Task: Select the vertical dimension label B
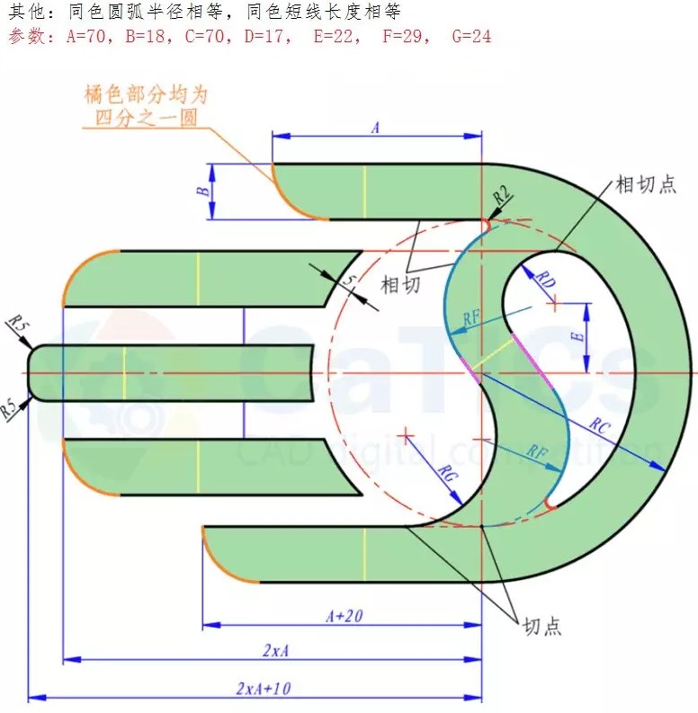point(204,192)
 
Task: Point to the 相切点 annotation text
point(642,185)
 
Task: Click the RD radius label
point(546,279)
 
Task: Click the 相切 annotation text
point(400,285)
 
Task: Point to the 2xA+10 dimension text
point(264,688)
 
